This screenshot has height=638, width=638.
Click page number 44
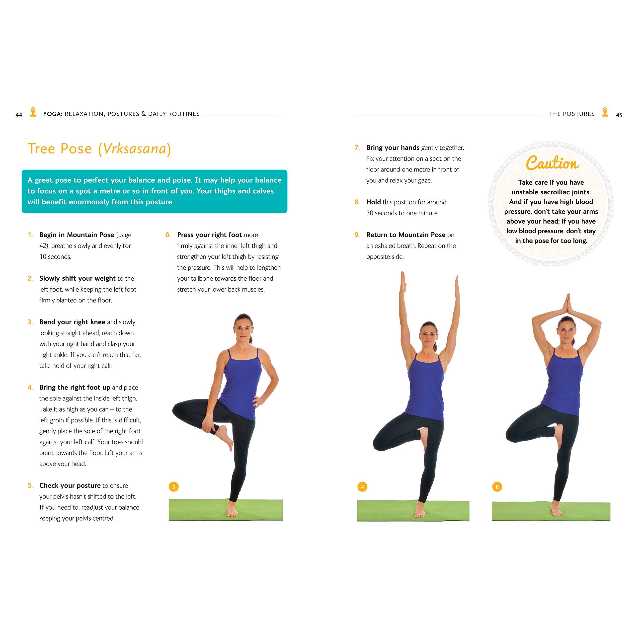(19, 115)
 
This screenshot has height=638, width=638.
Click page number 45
(619, 115)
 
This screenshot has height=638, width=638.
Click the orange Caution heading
(552, 163)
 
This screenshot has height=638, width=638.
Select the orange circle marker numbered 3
(174, 486)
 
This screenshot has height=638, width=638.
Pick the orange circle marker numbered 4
(362, 487)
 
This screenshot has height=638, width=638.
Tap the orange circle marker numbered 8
(497, 487)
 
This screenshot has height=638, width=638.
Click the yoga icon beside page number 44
(33, 112)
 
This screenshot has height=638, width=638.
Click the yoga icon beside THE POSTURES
(605, 112)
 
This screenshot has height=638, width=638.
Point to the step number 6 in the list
(168, 235)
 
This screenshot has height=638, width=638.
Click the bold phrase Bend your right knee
(72, 322)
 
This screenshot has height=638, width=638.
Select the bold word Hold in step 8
(374, 202)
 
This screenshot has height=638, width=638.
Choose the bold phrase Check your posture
(70, 485)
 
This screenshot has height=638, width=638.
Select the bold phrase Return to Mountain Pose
(406, 235)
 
